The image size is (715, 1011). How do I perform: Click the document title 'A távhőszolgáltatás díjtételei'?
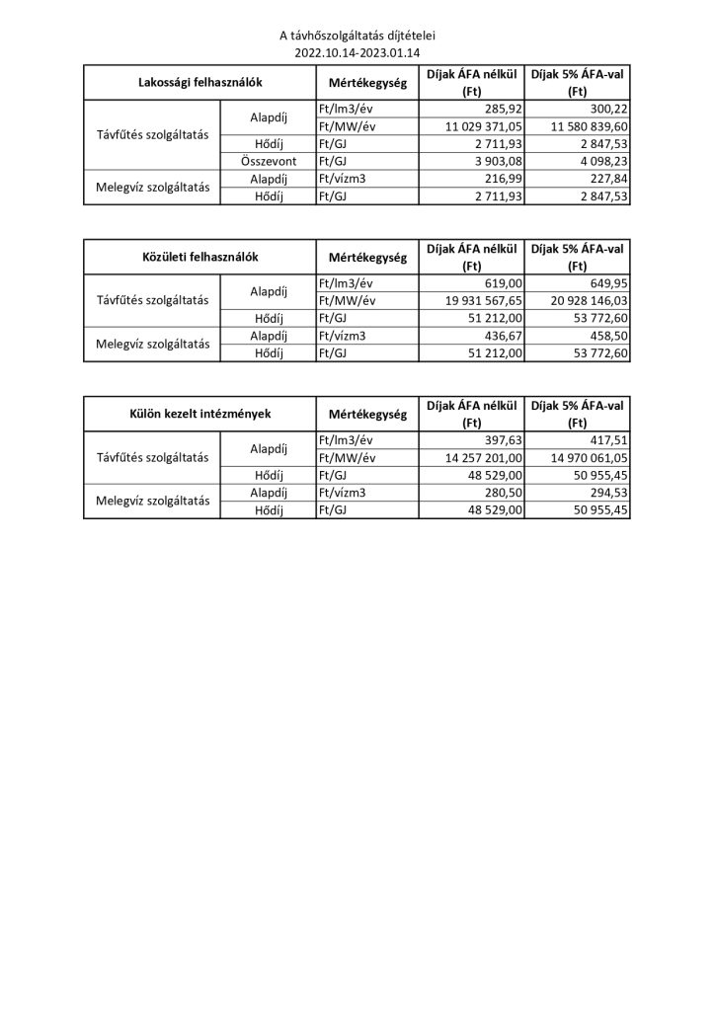click(357, 37)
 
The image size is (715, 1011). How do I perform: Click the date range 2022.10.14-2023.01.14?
click(357, 52)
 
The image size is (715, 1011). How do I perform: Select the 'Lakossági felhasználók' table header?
click(199, 84)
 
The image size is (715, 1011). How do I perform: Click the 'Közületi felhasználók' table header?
click(199, 257)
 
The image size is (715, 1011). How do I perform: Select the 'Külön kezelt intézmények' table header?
click(199, 414)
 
